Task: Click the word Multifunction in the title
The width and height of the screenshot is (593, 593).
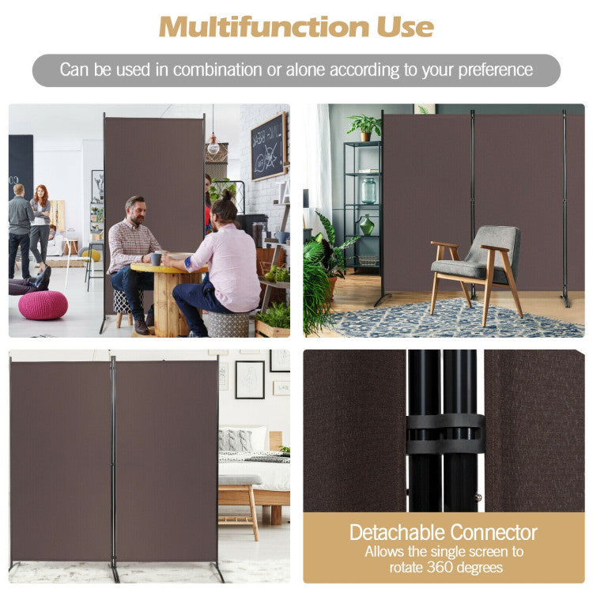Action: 263,27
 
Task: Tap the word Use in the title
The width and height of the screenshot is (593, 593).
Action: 405,27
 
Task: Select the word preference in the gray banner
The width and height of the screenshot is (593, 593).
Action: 496,70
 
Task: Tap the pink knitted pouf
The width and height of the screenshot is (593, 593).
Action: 43,305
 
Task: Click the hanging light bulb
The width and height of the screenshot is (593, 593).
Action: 213,148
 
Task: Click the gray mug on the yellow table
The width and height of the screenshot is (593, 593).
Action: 156,259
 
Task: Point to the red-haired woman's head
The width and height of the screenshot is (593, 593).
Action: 41,192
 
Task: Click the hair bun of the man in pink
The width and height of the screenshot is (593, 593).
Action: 227,195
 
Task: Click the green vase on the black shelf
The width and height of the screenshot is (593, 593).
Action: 366,225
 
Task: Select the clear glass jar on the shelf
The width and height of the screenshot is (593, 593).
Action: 368,191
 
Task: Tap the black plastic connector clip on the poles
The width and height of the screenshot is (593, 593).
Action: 445,434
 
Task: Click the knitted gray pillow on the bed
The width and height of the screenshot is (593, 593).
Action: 236,440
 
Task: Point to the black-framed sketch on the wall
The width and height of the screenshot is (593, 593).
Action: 250,380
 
